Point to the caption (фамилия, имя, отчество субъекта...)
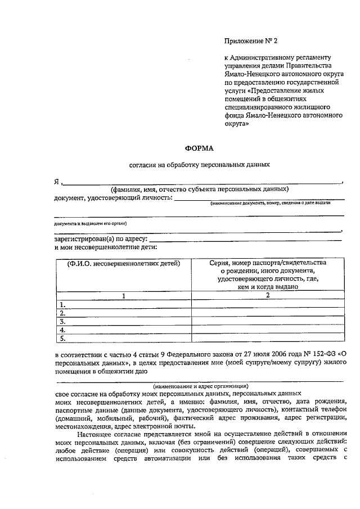200,189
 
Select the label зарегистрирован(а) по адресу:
101,239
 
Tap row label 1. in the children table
64,305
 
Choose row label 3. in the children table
64,322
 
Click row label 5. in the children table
64,339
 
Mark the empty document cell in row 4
268,331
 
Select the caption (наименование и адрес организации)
200,386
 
